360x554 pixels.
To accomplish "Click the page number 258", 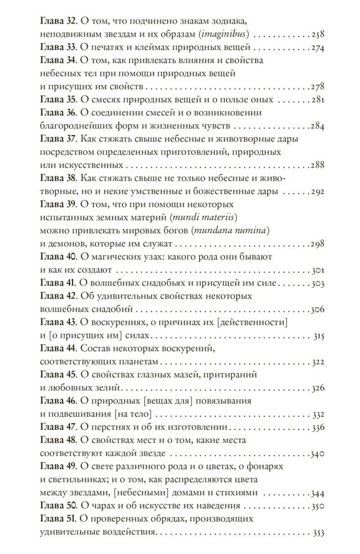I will pyautogui.click(x=316, y=35).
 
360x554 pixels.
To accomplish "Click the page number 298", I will pyautogui.click(x=316, y=244).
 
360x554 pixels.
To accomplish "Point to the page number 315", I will pyautogui.click(x=317, y=336).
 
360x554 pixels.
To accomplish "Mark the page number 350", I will pyautogui.click(x=317, y=506).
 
